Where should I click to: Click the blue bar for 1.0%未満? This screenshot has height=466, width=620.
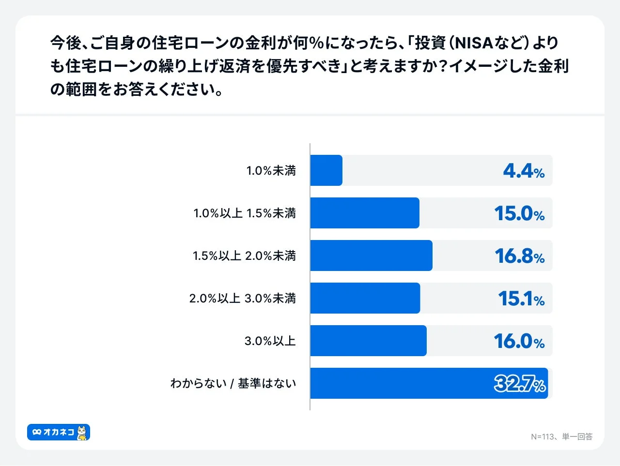(x=326, y=170)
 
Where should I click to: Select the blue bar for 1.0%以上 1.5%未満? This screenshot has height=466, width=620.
(x=365, y=213)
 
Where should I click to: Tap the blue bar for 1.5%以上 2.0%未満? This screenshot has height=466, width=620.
(x=371, y=256)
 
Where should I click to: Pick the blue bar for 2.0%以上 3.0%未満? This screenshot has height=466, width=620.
(x=365, y=298)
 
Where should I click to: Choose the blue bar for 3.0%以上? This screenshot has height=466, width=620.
(x=368, y=341)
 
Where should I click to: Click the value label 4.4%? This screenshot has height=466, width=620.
(x=524, y=171)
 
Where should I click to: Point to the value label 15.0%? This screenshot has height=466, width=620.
(x=519, y=213)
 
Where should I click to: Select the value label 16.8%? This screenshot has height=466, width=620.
(x=519, y=256)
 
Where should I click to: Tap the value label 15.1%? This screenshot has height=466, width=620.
(x=521, y=299)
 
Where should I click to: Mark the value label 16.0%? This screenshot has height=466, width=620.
(x=519, y=341)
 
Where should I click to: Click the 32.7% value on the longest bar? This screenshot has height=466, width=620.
(x=520, y=384)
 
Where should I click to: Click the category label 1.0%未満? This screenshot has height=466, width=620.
(x=271, y=171)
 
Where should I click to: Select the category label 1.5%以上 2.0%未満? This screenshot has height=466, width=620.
(x=244, y=256)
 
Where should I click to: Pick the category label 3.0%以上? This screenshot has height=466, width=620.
(x=270, y=341)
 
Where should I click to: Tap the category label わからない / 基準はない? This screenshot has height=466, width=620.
(x=233, y=384)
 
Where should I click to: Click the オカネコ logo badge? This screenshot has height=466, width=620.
(x=59, y=432)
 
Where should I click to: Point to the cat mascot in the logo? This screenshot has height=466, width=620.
(x=83, y=433)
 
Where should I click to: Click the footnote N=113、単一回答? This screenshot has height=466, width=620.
(x=561, y=437)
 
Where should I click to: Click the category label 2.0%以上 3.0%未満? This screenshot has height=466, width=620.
(x=242, y=299)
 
